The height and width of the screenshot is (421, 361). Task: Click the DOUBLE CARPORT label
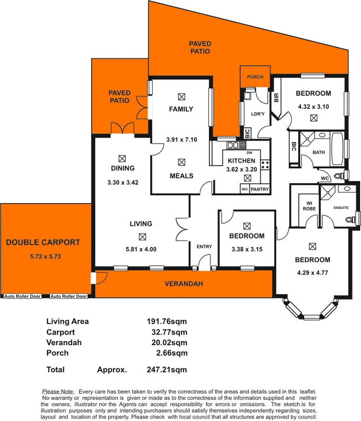(x=43, y=243)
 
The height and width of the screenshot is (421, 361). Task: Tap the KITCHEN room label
(x=241, y=161)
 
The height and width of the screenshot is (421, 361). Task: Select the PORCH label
(x=255, y=77)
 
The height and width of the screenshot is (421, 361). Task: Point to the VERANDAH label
(x=184, y=284)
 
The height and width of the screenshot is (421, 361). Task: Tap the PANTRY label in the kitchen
(x=259, y=189)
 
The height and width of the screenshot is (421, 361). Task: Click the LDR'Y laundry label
(x=257, y=114)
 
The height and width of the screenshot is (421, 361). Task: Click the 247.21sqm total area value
(x=166, y=369)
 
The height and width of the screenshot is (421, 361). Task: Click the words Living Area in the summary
(x=67, y=322)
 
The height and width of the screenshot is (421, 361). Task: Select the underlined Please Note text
(x=58, y=392)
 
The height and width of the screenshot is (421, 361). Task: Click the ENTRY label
(x=204, y=247)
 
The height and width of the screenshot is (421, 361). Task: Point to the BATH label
(x=319, y=153)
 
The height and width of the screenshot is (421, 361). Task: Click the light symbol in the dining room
(x=123, y=157)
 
